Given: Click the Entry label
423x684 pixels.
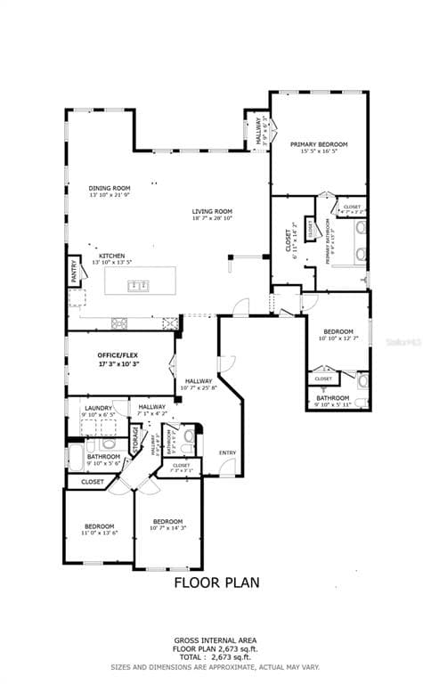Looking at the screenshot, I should [228, 452].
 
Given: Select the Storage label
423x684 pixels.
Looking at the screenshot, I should [135, 439].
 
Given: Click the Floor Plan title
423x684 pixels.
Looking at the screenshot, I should [216, 583].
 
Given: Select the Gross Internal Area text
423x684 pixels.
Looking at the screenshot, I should [216, 640].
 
